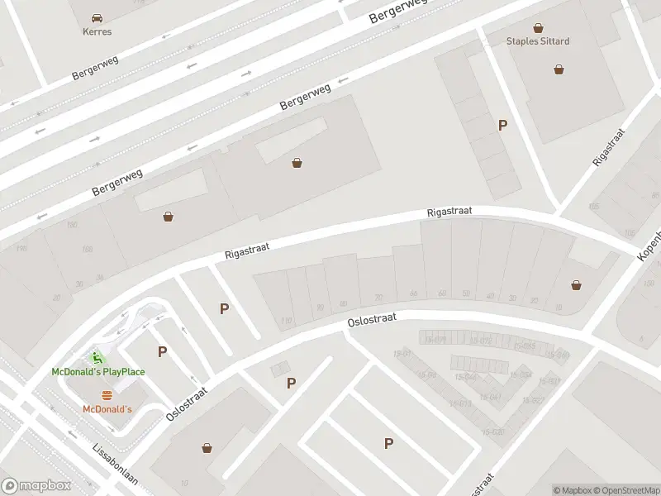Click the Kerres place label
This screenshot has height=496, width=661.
click(97, 31)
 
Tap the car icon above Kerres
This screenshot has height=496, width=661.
click(97, 17)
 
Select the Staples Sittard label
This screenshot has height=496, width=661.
click(538, 41)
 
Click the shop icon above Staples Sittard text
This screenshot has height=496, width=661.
click(539, 27)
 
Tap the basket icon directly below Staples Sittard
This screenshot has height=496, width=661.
click(560, 69)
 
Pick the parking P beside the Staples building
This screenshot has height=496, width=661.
click(502, 126)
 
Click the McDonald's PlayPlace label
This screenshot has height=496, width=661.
click(98, 372)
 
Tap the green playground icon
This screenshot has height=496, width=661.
click(98, 358)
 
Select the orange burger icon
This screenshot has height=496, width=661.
click(107, 395)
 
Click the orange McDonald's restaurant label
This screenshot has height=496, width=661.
click(107, 409)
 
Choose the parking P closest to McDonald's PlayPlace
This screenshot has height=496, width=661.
click(163, 351)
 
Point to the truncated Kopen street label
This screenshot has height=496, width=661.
click(649, 246)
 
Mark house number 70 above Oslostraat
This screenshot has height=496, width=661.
click(378, 298)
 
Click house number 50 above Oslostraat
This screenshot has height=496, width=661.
click(466, 293)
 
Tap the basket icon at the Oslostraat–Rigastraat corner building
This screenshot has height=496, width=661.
click(576, 285)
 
